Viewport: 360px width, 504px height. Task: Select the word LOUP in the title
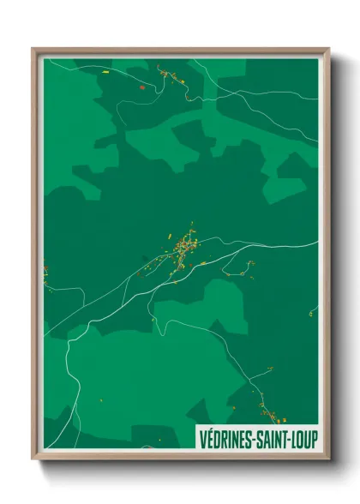[x=304, y=438]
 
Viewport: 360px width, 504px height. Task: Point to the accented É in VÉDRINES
[x=210, y=438]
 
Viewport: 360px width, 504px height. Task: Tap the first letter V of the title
[x=203, y=438]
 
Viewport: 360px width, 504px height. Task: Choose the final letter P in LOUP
[x=315, y=438]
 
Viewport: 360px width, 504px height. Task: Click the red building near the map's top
[x=141, y=87]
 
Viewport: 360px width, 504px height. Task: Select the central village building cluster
[x=183, y=249]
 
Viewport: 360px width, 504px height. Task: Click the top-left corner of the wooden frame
[x=33, y=49]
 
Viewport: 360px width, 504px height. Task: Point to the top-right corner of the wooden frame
[x=328, y=49]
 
